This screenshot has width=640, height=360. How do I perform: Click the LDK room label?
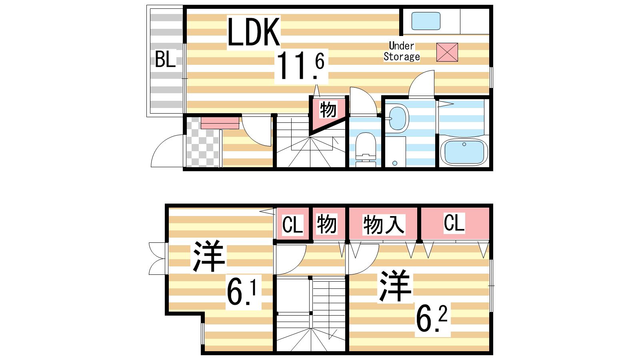click(x=254, y=32)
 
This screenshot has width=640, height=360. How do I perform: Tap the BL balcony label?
click(x=166, y=60)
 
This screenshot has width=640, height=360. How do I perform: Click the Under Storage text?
click(x=402, y=51)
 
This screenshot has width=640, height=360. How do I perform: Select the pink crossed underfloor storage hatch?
click(x=447, y=52)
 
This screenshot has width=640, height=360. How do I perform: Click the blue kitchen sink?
click(x=426, y=21)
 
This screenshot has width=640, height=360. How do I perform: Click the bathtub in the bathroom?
click(x=464, y=152)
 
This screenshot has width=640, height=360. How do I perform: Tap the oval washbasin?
click(x=398, y=118)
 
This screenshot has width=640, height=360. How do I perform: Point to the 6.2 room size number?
click(x=432, y=318)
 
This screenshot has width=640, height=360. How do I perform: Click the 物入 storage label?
click(x=384, y=224)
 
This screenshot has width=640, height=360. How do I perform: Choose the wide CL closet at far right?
click(x=455, y=223)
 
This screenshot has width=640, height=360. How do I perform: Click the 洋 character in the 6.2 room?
click(x=396, y=286)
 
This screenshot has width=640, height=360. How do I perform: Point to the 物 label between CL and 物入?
click(x=326, y=224)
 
